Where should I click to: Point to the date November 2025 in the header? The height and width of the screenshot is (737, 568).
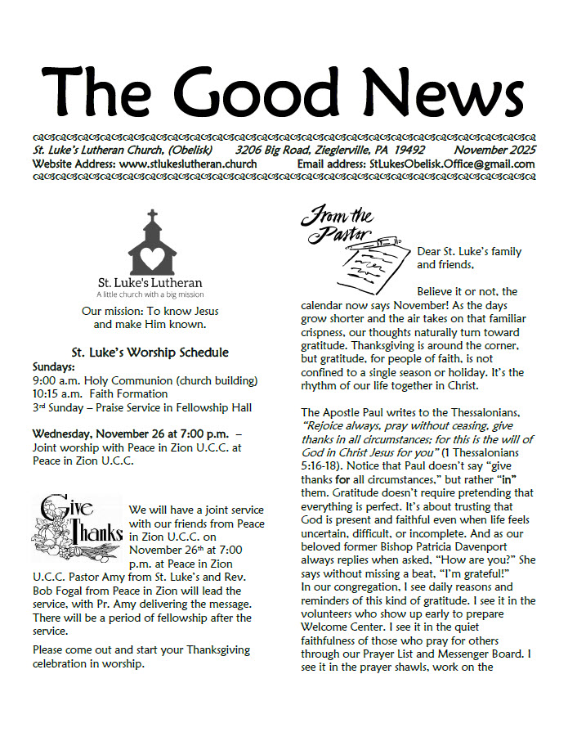[x=495, y=151]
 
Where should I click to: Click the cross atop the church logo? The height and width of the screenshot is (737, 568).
[x=151, y=218]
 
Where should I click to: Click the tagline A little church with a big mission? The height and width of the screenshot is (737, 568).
[x=150, y=294]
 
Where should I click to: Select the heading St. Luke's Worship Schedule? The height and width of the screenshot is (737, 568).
[x=150, y=353]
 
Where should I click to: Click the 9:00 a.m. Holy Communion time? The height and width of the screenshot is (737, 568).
[x=55, y=381]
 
